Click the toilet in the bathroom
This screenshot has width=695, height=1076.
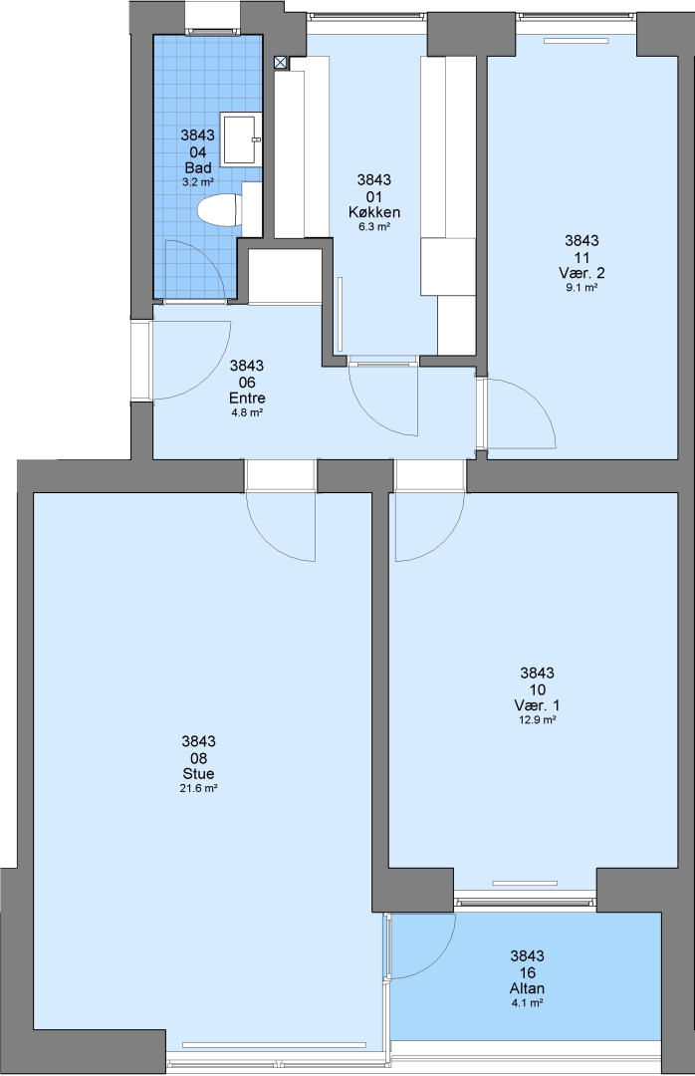tap(219, 208)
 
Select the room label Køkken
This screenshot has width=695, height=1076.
tap(374, 212)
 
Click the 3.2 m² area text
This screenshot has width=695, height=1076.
tap(197, 182)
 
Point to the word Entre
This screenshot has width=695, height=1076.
tap(247, 398)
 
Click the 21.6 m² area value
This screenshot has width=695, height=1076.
tap(198, 789)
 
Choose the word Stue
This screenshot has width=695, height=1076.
tap(198, 774)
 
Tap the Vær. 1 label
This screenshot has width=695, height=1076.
tap(537, 705)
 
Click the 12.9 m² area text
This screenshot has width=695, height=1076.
tap(537, 720)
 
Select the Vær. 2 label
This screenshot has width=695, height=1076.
tap(581, 273)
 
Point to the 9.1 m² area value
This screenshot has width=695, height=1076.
tap(581, 288)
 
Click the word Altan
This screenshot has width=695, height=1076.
tap(527, 988)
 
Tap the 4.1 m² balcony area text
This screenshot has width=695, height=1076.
tap(527, 1003)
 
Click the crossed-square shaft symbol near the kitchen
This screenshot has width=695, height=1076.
tap(282, 63)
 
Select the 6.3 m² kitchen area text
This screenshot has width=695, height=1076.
tap(374, 227)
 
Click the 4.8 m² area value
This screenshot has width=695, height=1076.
tap(247, 413)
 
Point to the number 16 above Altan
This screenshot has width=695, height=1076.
tap(527, 972)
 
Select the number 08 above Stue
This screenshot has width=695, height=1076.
tap(198, 758)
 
